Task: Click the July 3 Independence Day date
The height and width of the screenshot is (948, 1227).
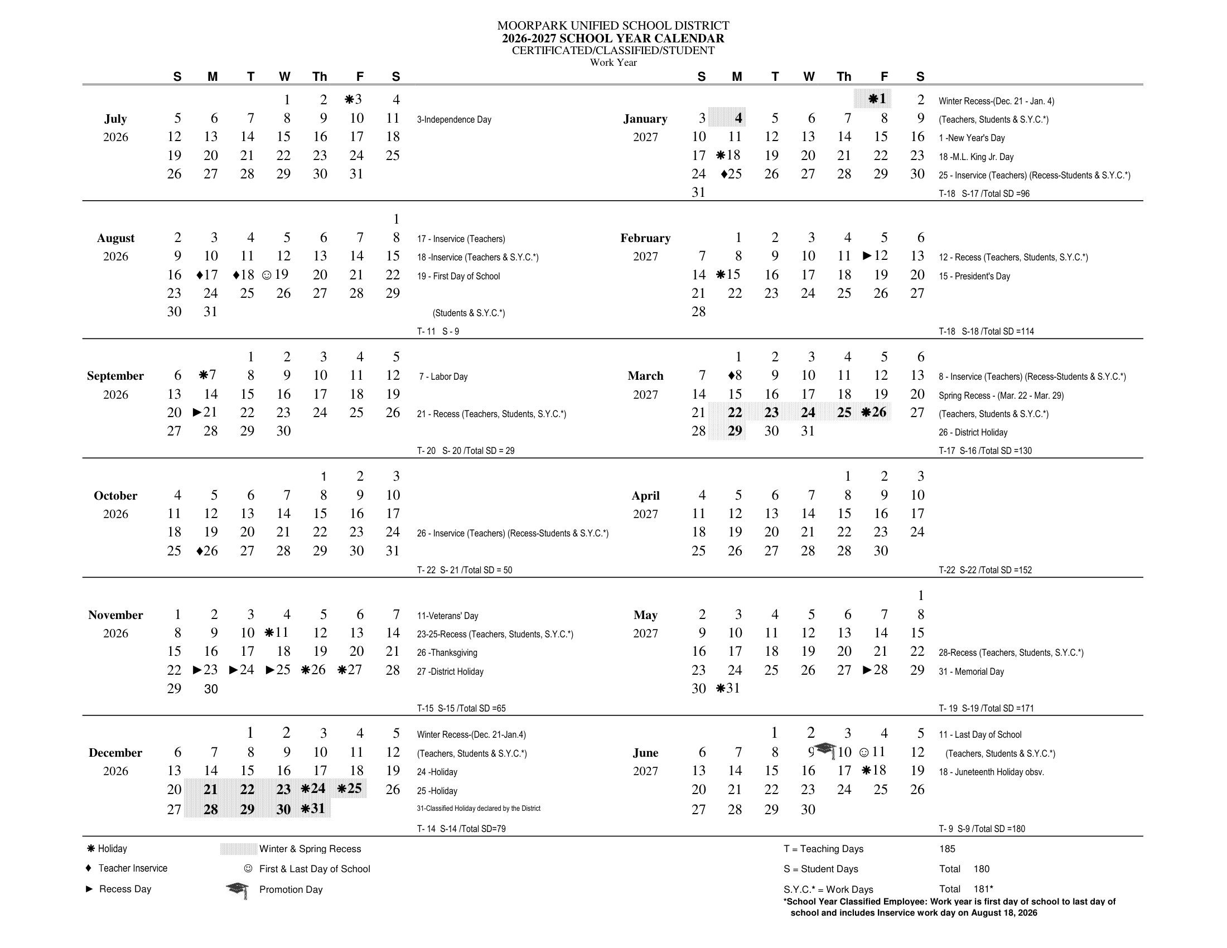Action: [x=354, y=100]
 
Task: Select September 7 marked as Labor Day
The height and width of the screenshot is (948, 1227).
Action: [x=208, y=375]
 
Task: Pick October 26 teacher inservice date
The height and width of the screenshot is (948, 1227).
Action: [x=207, y=551]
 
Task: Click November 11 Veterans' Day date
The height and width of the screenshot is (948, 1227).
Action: [x=277, y=633]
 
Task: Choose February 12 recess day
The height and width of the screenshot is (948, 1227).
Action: [x=876, y=256]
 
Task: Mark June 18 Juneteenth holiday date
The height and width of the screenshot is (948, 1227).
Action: [x=874, y=771]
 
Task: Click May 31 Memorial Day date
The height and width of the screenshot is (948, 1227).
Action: [x=729, y=689]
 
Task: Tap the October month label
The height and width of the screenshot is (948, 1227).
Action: [x=115, y=496]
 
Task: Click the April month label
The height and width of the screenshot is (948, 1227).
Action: [x=645, y=496]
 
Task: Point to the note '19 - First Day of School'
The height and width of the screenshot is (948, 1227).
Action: [x=458, y=276]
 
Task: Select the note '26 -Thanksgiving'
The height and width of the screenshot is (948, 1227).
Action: [x=447, y=652]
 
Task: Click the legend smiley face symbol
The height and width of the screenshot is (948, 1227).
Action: [x=248, y=869]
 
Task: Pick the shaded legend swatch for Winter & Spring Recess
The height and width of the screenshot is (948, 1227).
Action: [x=238, y=849]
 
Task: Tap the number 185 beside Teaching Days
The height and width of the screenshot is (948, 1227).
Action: [x=947, y=849]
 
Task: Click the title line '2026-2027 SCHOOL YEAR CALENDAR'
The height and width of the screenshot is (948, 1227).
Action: [x=613, y=38]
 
